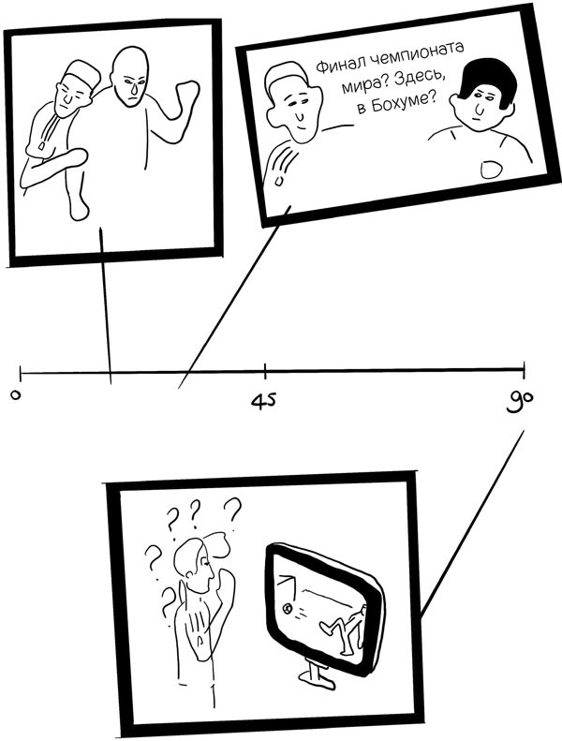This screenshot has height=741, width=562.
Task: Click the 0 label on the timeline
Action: click(16, 395)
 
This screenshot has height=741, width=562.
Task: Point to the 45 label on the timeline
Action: click(263, 401)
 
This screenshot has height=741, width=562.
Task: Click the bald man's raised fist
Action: click(185, 94)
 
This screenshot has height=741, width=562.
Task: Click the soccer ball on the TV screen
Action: click(288, 609)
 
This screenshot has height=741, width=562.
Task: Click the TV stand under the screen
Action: click(313, 670)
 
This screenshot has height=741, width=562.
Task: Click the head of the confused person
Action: click(194, 564)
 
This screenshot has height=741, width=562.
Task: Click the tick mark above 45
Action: click(265, 371)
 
